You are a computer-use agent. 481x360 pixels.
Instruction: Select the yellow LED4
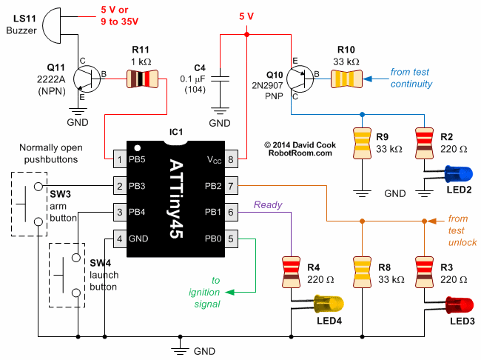pos(329,303)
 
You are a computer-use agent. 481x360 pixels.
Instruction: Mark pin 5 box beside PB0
pos(232,239)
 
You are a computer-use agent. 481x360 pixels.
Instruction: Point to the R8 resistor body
pos(362,270)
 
